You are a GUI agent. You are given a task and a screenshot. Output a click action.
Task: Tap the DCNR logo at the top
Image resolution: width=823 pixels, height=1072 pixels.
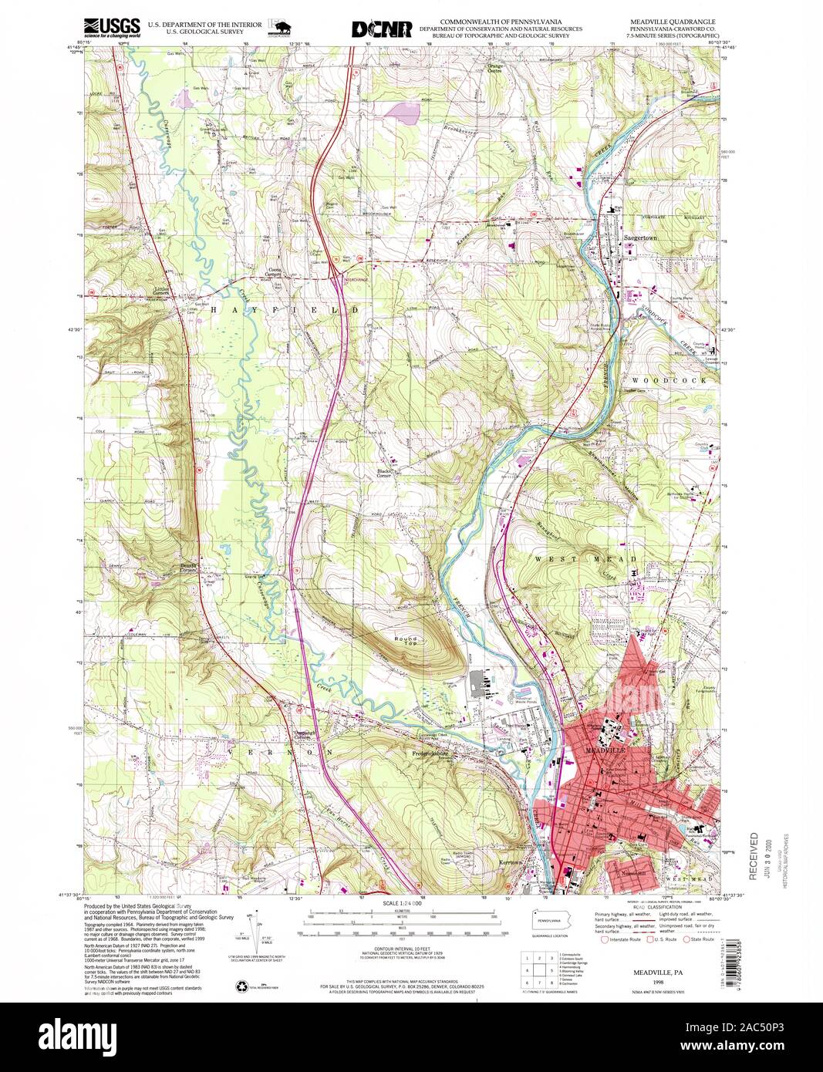381,29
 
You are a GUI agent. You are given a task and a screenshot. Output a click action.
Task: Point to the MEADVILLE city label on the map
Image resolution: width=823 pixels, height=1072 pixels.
602,750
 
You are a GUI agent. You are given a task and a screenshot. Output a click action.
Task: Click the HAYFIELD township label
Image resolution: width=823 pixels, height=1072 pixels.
270,309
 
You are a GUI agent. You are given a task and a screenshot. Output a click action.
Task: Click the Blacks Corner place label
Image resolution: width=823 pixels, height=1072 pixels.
386,473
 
